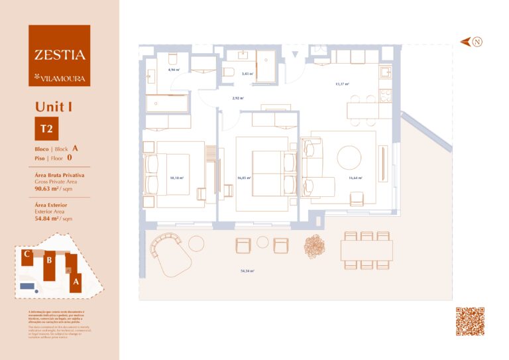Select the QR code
point(470,322)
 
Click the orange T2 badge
point(47,127)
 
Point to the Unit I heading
point(54,106)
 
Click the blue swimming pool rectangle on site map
point(27,286)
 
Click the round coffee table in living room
point(349,158)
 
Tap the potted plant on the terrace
point(314,246)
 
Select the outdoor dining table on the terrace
point(367,251)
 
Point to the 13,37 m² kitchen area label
point(343,84)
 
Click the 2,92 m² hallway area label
point(237,98)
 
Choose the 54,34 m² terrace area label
point(248,271)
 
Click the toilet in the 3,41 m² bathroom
point(228,72)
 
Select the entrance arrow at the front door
point(296,54)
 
